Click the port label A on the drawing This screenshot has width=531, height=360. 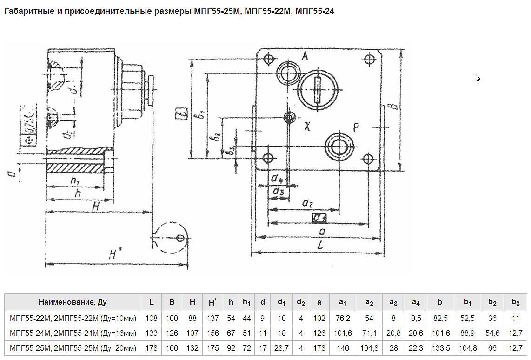tap(305, 56)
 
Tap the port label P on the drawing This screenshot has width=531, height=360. tap(356, 127)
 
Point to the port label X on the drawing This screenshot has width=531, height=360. tap(307, 126)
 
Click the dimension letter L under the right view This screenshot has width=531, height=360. tap(320, 246)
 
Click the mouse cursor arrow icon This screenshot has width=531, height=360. tap(477, 78)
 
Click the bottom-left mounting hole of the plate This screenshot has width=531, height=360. tap(268, 158)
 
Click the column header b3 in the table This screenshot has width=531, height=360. tap(515, 302)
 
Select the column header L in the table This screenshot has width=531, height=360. tap(152, 302)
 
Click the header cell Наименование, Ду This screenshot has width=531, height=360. tap(73, 302)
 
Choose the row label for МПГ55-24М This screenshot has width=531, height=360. tap(73, 333)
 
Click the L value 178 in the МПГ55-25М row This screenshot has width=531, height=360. tap(152, 348)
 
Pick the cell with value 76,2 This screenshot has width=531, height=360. tap(343, 318)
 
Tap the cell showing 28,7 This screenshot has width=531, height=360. tap(282, 348)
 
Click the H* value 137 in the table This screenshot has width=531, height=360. tap(212, 318)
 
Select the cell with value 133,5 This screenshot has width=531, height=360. tap(439, 348)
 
